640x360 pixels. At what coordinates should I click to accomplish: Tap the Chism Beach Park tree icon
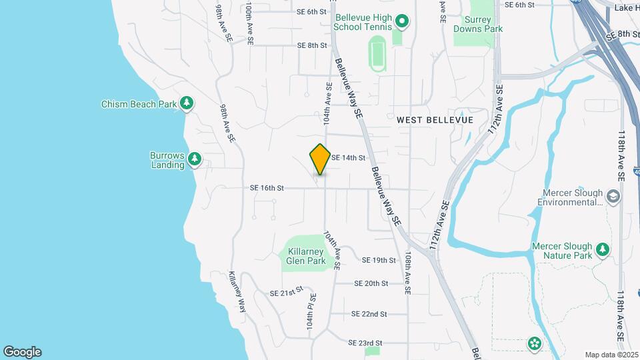tap(188, 103)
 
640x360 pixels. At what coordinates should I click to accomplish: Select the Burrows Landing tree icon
tap(195, 159)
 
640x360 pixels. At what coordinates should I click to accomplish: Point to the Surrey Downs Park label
tap(478, 25)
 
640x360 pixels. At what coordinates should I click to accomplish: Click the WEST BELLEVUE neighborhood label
tap(435, 120)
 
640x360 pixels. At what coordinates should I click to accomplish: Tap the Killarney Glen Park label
tap(306, 256)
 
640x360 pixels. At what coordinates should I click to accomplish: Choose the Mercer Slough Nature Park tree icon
tap(603, 249)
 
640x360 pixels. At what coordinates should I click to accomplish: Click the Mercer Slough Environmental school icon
tap(613, 197)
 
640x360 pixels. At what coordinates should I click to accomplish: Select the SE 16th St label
tap(267, 188)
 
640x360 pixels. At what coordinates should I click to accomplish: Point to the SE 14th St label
tap(348, 158)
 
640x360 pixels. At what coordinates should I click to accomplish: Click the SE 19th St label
tap(379, 260)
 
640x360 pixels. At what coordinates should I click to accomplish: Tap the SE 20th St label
tap(371, 283)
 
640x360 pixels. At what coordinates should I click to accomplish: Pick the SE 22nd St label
tap(369, 313)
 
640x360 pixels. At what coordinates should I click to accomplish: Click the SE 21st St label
tap(286, 291)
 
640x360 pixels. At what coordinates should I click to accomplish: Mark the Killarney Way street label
tap(237, 291)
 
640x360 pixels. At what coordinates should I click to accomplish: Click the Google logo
tap(22, 352)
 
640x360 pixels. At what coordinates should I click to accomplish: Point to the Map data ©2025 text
tap(611, 355)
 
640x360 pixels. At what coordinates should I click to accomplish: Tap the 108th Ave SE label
tap(407, 273)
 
